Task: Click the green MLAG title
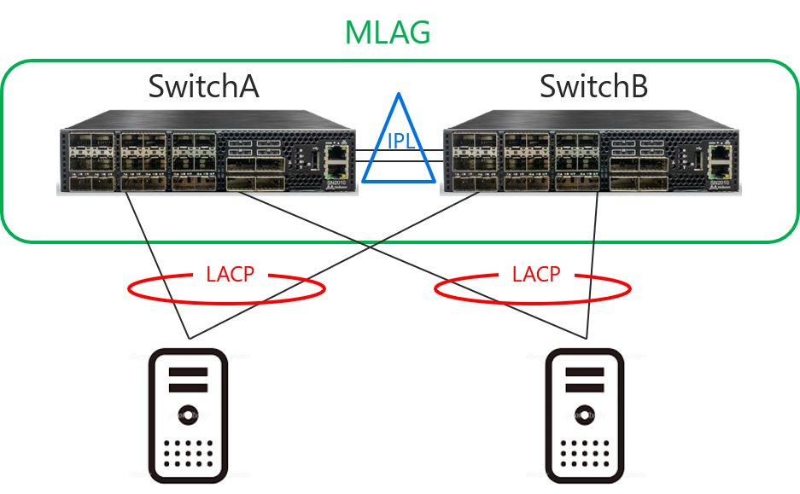pyautogui.click(x=388, y=32)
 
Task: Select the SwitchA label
pyautogui.click(x=203, y=86)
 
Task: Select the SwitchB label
pyautogui.click(x=594, y=86)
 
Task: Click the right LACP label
pyautogui.click(x=536, y=275)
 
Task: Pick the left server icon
pyautogui.click(x=190, y=416)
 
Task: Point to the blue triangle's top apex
pyautogui.click(x=400, y=95)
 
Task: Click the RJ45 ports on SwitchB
pyautogui.click(x=720, y=160)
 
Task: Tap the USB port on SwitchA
pyautogui.click(x=316, y=160)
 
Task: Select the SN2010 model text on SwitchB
pyautogui.click(x=720, y=183)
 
